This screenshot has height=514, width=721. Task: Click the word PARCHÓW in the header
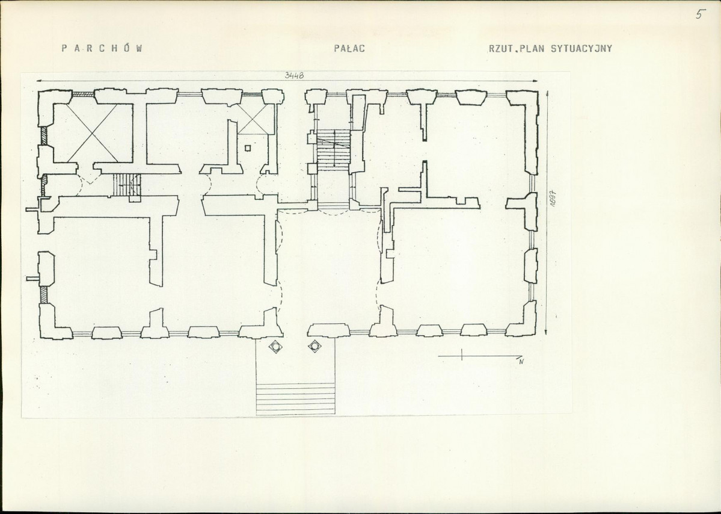[x=102, y=48]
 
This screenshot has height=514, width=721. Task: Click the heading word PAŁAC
[x=349, y=48]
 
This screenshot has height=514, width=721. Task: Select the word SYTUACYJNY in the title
[x=581, y=48]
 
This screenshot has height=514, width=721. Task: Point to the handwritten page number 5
[x=700, y=14]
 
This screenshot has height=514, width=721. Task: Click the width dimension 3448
[x=294, y=75]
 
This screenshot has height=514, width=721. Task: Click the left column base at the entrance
[x=275, y=346]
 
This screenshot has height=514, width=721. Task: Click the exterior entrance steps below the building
[x=296, y=398]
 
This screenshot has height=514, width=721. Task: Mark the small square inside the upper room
[x=248, y=147]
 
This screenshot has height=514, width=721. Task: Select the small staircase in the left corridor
[x=127, y=185]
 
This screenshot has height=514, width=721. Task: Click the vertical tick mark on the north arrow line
[x=462, y=355]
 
